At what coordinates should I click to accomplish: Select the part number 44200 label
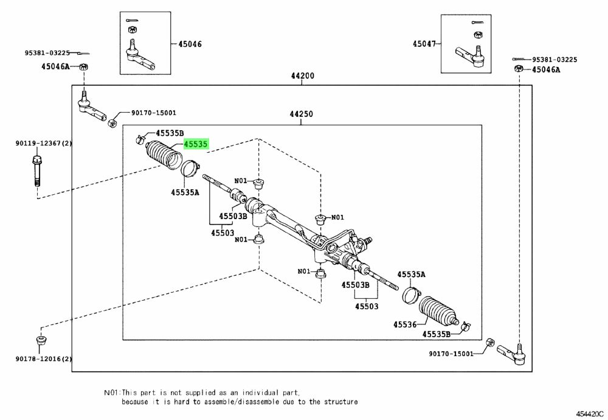click(x=302, y=77)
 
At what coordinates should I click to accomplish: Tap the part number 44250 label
click(x=302, y=114)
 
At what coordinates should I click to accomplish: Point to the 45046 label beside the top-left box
click(x=190, y=44)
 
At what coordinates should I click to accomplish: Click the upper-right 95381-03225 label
click(x=554, y=60)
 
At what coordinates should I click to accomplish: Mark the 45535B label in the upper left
click(x=170, y=133)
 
